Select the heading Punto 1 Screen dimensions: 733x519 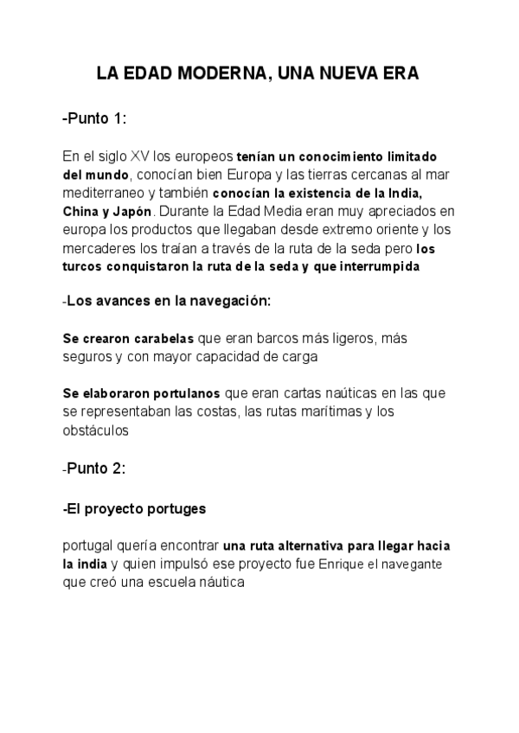96,119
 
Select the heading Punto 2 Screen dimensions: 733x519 96,468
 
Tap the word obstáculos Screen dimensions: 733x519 96,429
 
